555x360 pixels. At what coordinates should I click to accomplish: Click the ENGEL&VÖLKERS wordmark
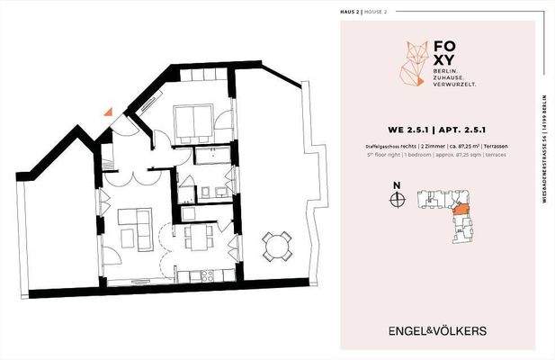coord(437,330)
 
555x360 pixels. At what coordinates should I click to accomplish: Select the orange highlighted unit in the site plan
coord(460,209)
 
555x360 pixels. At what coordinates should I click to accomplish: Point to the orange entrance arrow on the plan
coord(108,112)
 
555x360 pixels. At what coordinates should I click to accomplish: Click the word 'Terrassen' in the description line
coord(496,144)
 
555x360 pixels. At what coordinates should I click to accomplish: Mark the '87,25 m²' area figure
coord(464,144)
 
